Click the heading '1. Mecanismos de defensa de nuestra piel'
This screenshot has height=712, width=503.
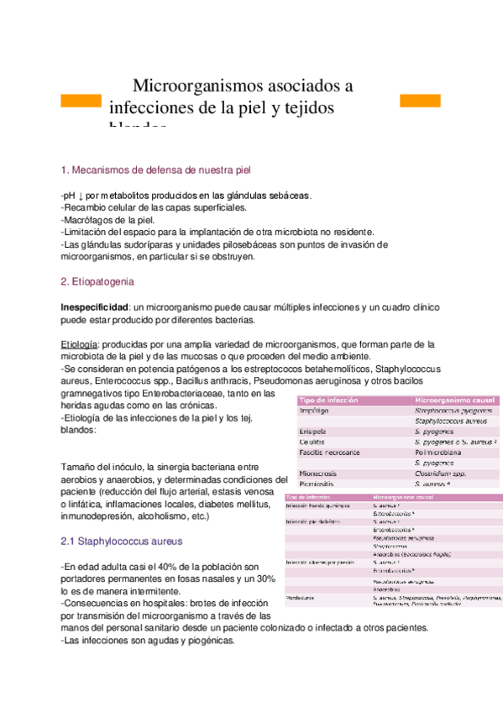point(156,170)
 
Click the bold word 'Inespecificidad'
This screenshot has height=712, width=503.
point(95,307)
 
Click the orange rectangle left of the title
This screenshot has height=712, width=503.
point(81,101)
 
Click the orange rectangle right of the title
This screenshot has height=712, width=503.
point(420,101)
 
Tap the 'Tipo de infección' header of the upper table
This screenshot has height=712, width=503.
point(328,400)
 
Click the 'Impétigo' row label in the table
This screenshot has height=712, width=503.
point(316,411)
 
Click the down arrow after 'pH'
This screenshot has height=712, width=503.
point(79,196)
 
